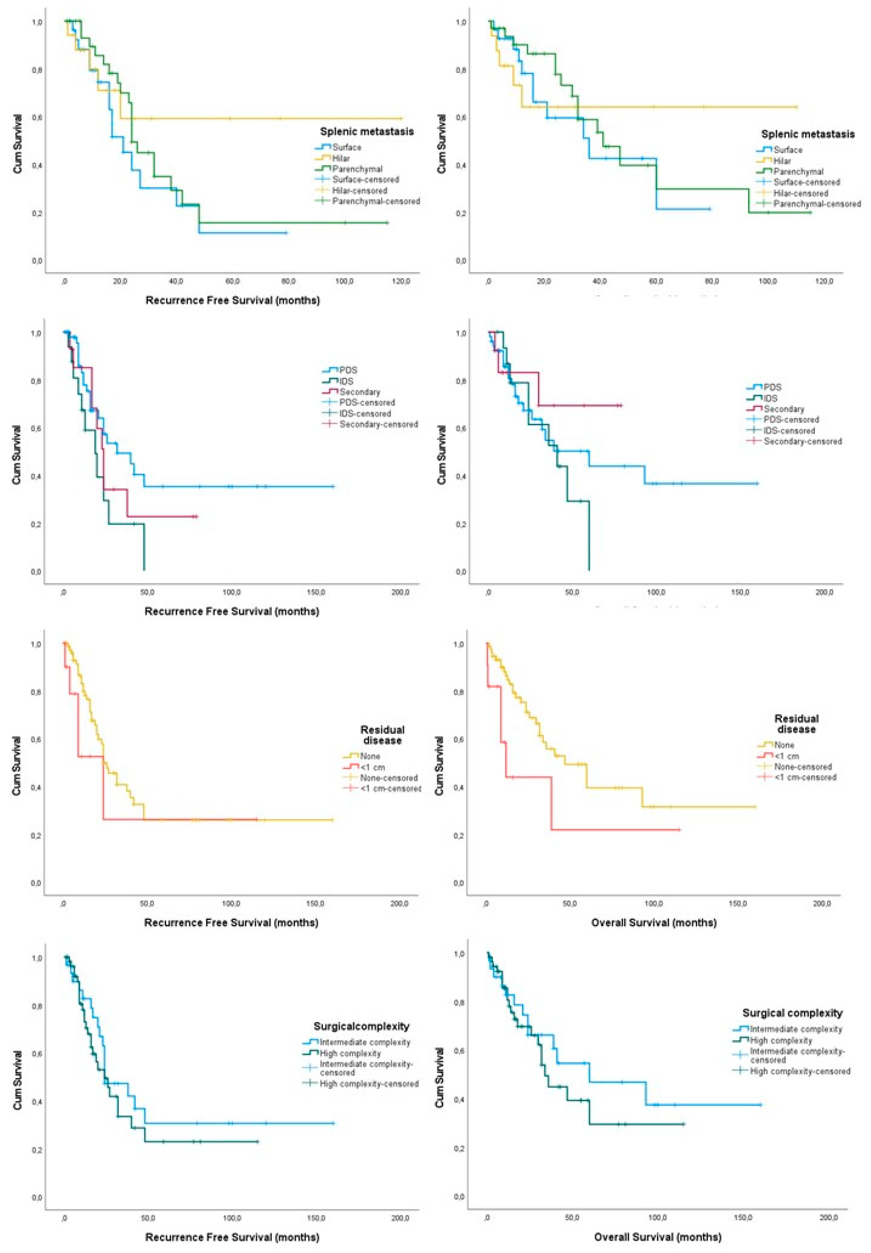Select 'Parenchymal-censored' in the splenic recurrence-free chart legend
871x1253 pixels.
(x=376, y=201)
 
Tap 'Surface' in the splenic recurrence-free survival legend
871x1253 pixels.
(x=346, y=147)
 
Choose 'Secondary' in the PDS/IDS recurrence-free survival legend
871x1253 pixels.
(x=359, y=392)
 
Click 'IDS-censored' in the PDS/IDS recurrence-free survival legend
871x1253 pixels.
(x=365, y=414)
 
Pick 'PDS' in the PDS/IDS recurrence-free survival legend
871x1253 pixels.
(x=348, y=370)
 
